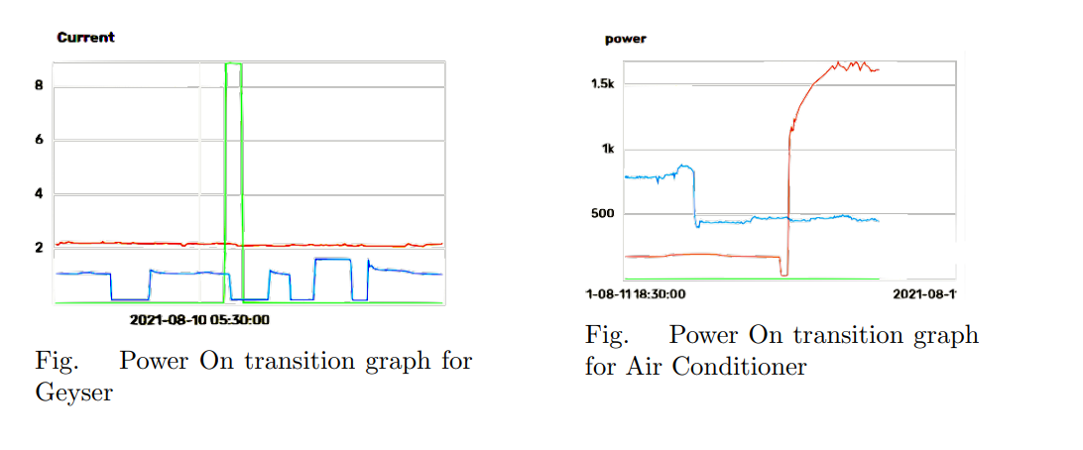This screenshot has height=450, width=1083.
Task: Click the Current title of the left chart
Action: [85, 38]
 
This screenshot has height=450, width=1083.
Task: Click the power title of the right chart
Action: [625, 40]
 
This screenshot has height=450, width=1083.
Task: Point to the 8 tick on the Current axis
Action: [39, 85]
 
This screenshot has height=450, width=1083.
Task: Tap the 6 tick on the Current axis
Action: [39, 140]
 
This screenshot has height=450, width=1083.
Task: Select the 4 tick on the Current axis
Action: [39, 194]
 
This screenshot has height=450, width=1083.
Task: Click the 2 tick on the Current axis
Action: [39, 248]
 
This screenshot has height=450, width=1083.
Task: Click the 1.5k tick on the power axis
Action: [602, 84]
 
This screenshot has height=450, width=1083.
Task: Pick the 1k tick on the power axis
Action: [607, 150]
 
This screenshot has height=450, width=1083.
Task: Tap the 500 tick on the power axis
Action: [602, 214]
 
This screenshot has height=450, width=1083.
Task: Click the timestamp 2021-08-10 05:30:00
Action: [200, 320]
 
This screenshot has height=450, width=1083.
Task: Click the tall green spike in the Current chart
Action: [234, 149]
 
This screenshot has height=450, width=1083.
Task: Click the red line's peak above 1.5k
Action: [839, 64]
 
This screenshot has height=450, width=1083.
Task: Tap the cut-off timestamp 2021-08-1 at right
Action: [924, 294]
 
